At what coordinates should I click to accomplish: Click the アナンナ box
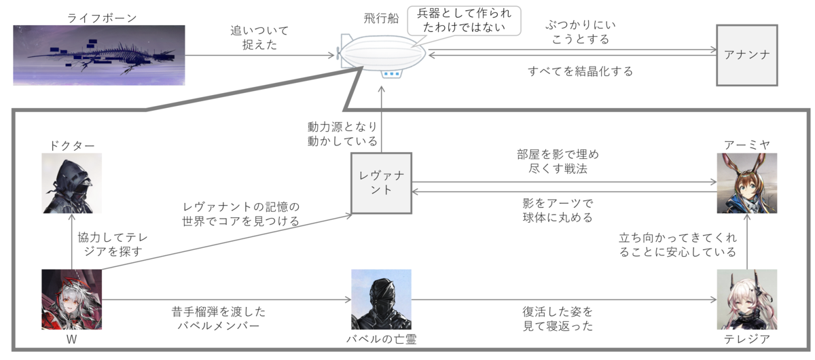click(747, 55)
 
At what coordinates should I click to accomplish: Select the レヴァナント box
click(383, 183)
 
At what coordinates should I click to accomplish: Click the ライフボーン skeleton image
click(99, 55)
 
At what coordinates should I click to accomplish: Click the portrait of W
click(71, 300)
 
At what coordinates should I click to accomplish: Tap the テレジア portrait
click(747, 300)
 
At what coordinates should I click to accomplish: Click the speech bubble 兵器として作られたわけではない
click(464, 21)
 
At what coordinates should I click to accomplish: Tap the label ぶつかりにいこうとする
click(577, 33)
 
